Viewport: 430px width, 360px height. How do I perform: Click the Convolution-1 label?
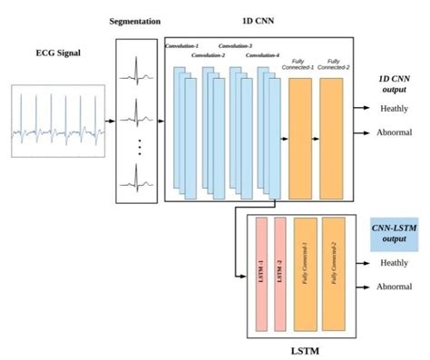coord(182,45)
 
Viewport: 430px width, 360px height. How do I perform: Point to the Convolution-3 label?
coord(237,45)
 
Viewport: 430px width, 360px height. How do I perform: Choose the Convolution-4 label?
coord(262,55)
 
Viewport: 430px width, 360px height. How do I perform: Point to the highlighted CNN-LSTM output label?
coord(394,232)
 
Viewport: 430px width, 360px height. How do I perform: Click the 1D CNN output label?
coord(394,84)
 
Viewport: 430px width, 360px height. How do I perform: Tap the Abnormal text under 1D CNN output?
coord(395,132)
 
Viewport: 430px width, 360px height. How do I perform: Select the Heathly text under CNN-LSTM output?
coord(393,263)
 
